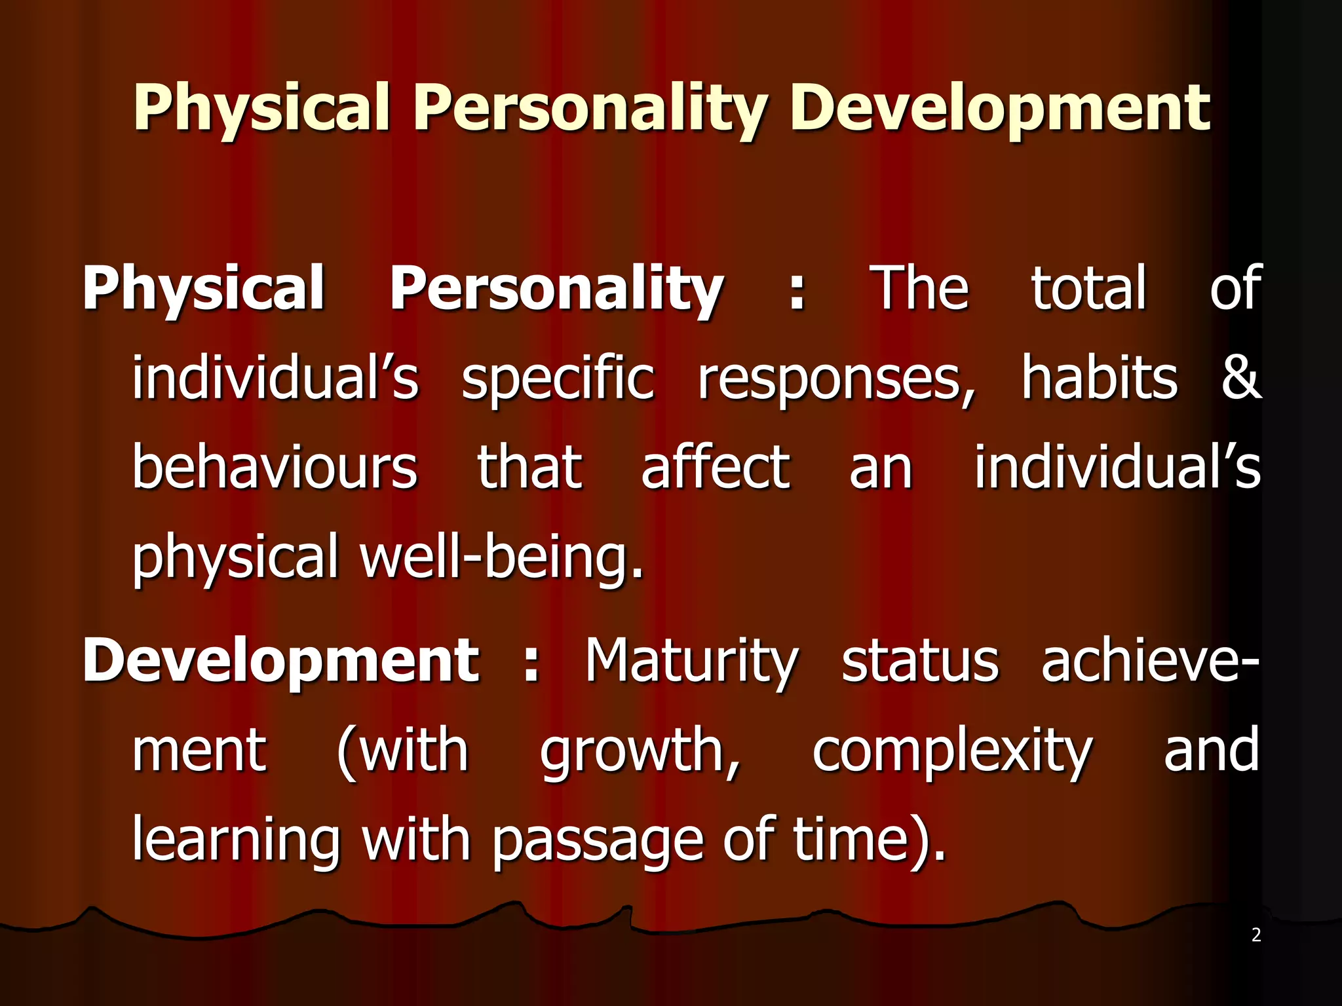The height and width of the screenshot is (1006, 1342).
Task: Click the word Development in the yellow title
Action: click(x=1000, y=108)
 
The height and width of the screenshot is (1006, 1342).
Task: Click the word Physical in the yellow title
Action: click(x=262, y=108)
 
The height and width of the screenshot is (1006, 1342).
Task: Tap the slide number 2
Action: click(x=1256, y=935)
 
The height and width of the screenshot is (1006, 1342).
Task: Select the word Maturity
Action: click(x=692, y=661)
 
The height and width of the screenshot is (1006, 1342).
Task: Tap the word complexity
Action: click(x=952, y=751)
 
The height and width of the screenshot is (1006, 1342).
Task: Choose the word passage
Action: click(x=597, y=842)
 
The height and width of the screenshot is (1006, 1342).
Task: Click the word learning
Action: click(x=237, y=842)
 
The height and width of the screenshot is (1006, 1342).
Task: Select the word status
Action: click(x=920, y=661)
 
